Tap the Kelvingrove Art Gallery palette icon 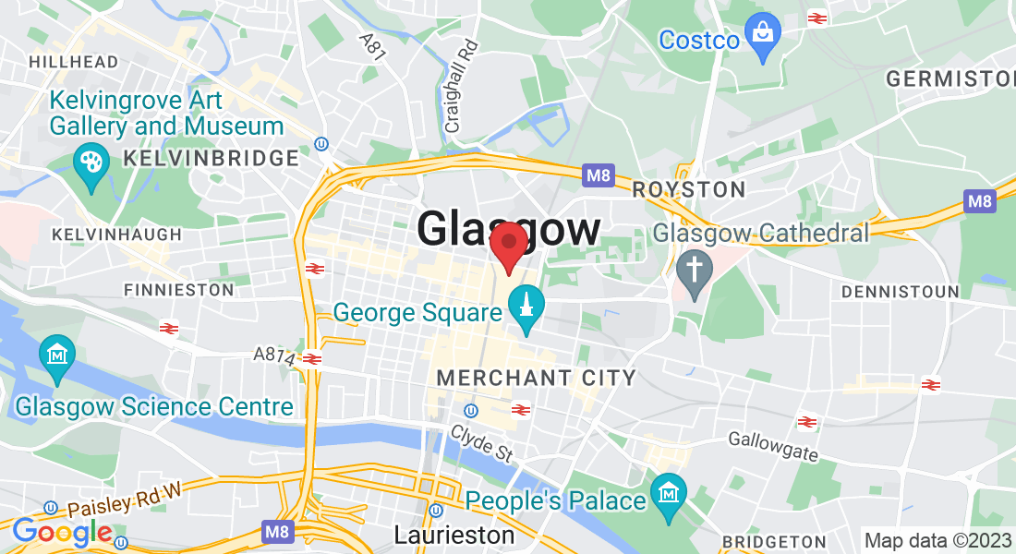[x=91, y=163]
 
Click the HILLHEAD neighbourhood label [x=74, y=62]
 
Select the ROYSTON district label [x=689, y=190]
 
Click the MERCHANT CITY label [x=537, y=378]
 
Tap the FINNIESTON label [x=179, y=290]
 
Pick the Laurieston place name [x=454, y=535]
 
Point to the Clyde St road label [x=480, y=444]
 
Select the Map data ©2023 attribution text [x=936, y=540]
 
